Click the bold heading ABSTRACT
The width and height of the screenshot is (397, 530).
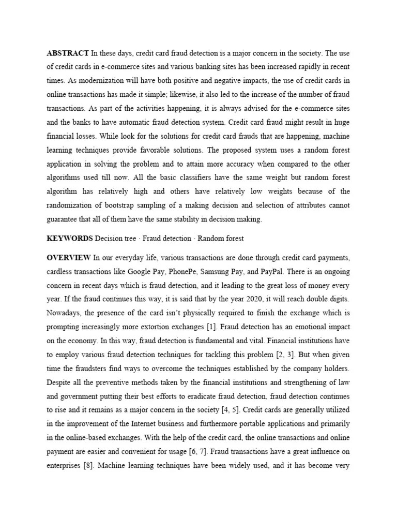[x=68, y=53]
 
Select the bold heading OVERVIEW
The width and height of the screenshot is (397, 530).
[x=69, y=258]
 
